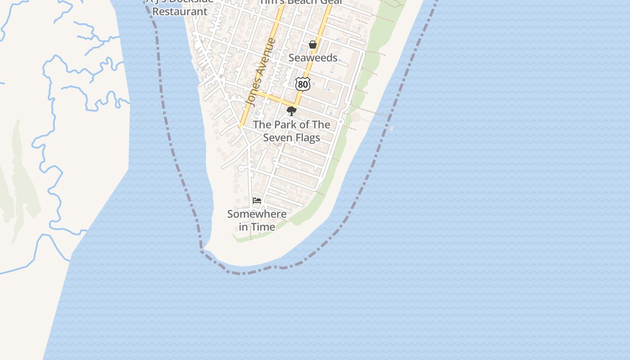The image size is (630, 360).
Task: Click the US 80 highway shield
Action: point(303,84)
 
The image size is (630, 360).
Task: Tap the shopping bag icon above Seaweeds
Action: point(313,45)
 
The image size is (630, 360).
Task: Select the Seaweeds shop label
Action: point(313,58)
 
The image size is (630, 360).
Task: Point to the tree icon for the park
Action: point(292,111)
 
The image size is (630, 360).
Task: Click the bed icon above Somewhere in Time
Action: point(257,201)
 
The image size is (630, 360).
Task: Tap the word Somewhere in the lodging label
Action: point(257,214)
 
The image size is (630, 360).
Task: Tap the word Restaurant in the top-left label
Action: point(180,12)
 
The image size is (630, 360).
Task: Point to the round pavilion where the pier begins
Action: point(356,117)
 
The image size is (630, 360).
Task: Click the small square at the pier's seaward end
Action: point(391,128)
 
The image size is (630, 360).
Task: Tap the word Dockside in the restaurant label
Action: point(191,1)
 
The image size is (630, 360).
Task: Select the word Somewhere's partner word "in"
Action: point(243,227)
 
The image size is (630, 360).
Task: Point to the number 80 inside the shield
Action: point(303,84)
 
